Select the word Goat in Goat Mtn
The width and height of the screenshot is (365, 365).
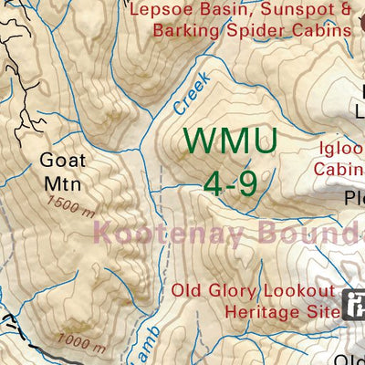[x=63, y=159]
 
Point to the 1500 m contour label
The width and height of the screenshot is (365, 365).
[x=72, y=206]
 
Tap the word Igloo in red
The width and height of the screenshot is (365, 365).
[x=337, y=149]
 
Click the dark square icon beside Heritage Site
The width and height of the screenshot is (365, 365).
[x=354, y=303]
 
